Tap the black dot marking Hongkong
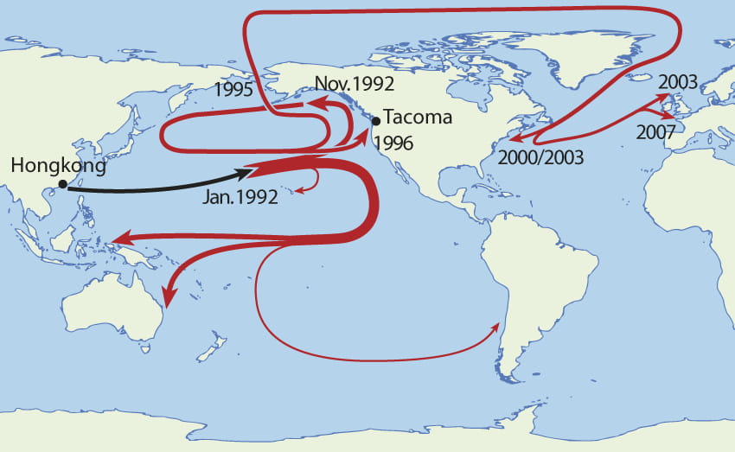point(62,184)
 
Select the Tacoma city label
point(418,117)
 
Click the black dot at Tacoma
point(375,121)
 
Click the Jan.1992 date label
point(241,197)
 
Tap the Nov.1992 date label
point(355,84)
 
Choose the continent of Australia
point(112,302)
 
